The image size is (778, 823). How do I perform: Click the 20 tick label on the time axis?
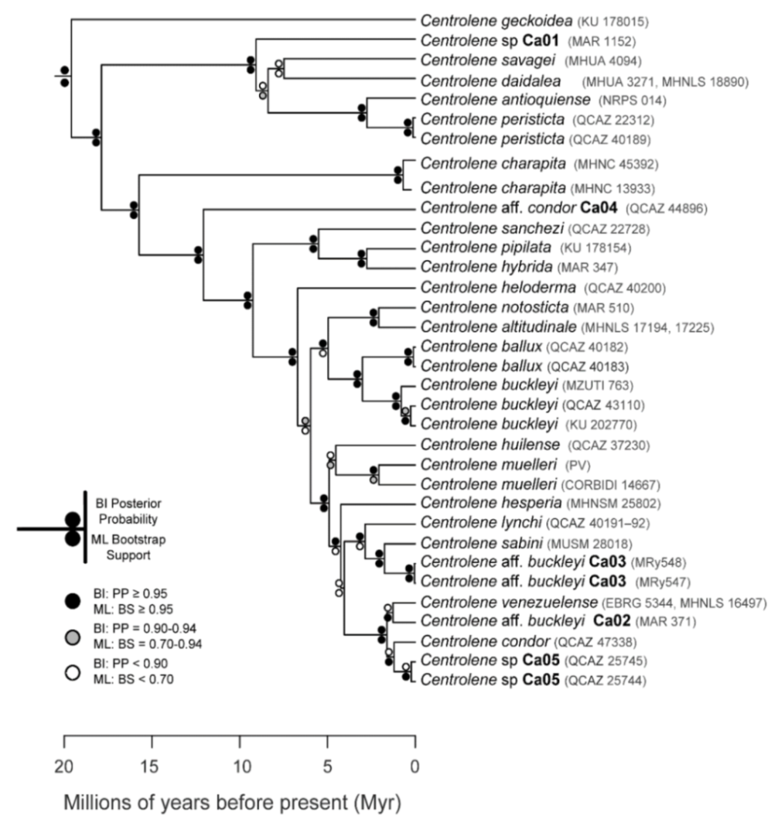coord(64,768)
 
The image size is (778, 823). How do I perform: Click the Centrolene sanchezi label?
coord(491,229)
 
